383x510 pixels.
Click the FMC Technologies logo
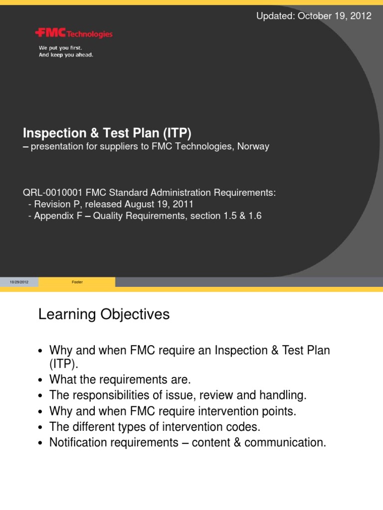pos(74,34)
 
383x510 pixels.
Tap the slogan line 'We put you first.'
pos(60,48)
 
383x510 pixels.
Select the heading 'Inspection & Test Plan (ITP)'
pos(107,133)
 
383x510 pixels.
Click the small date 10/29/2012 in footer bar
pos(19,282)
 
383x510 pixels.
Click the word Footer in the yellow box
pos(77,282)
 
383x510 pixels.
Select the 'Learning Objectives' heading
pos(104,315)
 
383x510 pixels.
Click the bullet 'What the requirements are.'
pos(120,380)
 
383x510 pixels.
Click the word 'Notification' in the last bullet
pos(78,442)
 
